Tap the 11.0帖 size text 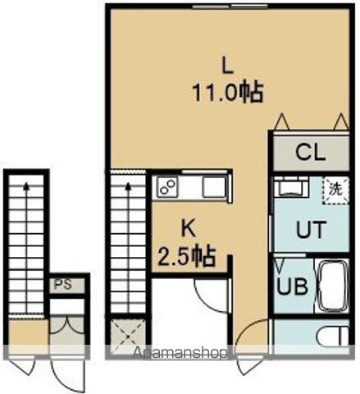pyautogui.click(x=228, y=93)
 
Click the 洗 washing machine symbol pyautogui.click(x=335, y=188)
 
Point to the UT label pyautogui.click(x=311, y=231)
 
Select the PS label pyautogui.click(x=62, y=285)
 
